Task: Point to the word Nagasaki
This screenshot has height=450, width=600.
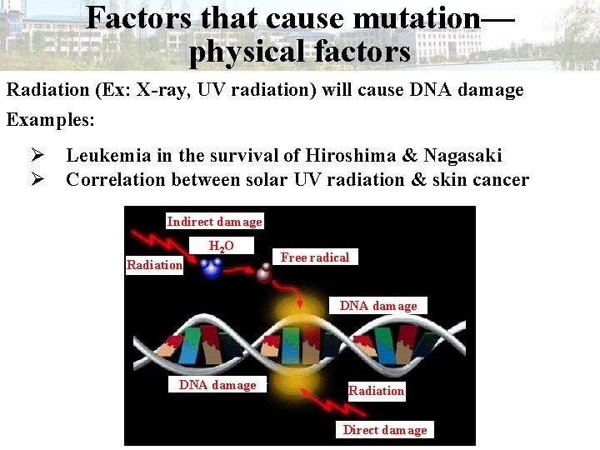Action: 462,155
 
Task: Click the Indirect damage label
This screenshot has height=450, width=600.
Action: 214,222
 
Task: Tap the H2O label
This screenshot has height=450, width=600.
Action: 221,247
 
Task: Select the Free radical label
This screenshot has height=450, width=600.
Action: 314,257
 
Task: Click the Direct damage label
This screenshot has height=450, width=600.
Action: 384,430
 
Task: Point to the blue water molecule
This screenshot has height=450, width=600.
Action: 212,268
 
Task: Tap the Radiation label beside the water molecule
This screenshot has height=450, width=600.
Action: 154,265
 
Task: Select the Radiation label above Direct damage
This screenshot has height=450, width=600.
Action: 376,391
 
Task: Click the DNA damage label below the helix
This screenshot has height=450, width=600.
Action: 217,385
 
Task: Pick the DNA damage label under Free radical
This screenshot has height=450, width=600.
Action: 377,306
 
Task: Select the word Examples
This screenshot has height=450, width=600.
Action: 51,119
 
